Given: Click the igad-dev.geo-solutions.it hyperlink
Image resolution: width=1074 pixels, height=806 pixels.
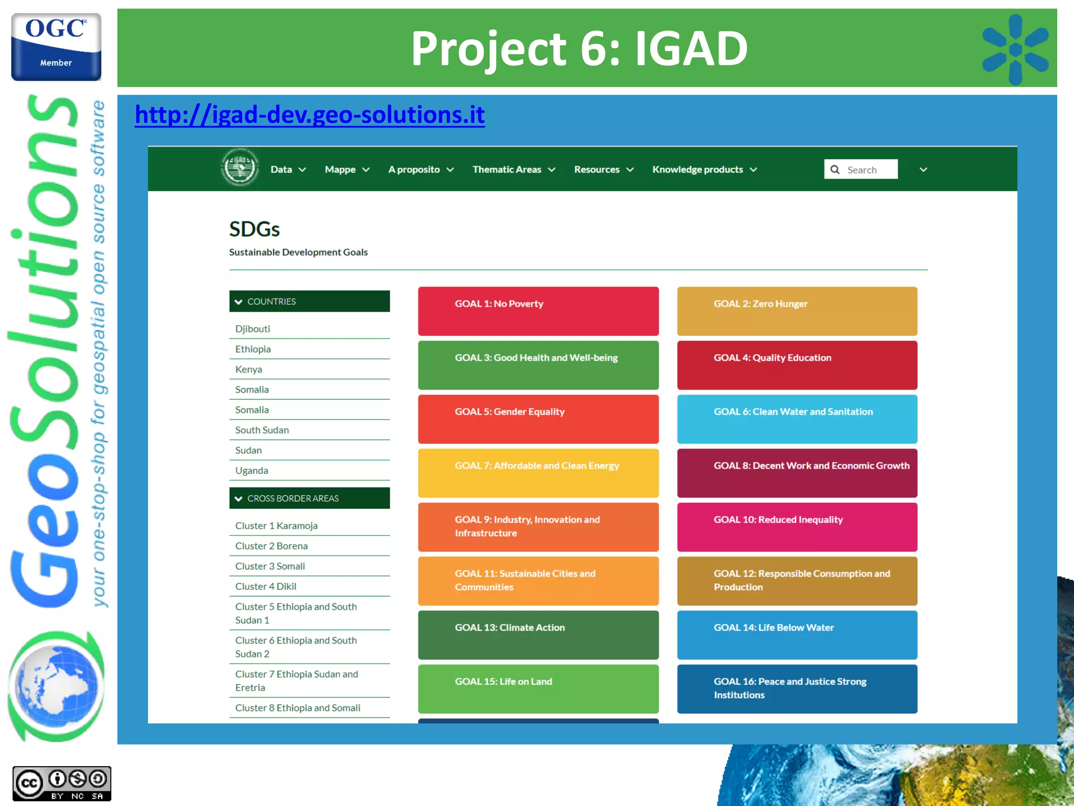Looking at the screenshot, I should tap(309, 115).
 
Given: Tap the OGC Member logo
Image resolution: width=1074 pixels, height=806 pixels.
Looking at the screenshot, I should tap(56, 47).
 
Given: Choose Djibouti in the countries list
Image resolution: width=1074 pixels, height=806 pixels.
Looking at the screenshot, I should tap(253, 329).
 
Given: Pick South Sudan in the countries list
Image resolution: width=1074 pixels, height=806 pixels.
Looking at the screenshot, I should tap(262, 430).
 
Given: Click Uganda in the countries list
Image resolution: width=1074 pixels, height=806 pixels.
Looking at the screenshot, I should tap(252, 471).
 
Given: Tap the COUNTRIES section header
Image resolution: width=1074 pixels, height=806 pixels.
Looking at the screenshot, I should tap(309, 301).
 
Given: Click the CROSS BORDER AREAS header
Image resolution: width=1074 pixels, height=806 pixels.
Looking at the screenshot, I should tap(309, 498).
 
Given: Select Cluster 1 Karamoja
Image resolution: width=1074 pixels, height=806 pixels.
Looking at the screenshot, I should tap(276, 526).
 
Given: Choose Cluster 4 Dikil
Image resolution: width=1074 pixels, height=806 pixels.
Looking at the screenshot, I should tap(266, 587).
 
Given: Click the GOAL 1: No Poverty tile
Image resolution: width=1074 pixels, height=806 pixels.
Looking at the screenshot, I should tap(538, 311).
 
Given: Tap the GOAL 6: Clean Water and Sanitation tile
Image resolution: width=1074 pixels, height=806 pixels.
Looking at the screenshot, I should tap(797, 419).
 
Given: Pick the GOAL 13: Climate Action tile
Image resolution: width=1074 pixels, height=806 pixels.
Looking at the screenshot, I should tap(538, 635).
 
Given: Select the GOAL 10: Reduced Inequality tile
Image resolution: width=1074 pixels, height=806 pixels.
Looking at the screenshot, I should tap(797, 527).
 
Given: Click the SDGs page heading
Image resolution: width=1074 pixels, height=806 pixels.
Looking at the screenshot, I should tap(254, 229).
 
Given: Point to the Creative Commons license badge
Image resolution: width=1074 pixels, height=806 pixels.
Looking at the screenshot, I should tap(62, 783).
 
